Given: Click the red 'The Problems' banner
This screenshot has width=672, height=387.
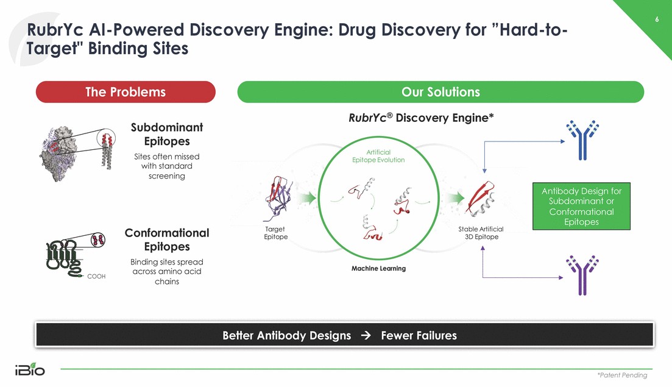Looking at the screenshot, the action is pos(126,91).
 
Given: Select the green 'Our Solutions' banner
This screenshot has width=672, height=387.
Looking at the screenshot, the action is pos(440,91).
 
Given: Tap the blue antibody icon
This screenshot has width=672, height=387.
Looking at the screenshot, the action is pos(582,140).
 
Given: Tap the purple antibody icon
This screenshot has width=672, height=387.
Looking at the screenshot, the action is pos(582,275).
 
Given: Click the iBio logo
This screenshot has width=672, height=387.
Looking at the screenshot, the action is pos(30,369).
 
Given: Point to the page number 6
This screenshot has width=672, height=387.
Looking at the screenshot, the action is pos(657,20).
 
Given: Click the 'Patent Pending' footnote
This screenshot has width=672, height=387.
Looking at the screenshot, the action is pos(623,375).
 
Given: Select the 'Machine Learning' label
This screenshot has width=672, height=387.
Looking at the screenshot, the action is pos(378,268).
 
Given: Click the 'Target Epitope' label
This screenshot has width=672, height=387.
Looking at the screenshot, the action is pos(275,233).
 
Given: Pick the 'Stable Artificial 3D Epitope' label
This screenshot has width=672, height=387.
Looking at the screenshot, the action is pos(481,233).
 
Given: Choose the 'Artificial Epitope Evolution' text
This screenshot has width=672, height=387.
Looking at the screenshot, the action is pos(378,156).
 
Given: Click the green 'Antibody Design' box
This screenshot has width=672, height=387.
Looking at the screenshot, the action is pos(582,206).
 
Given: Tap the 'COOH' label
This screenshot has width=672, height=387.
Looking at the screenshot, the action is pos(96,277).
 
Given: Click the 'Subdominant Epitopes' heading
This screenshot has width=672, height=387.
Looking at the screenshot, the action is pos(167,134).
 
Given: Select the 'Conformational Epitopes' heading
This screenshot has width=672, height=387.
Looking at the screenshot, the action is pos(167,240).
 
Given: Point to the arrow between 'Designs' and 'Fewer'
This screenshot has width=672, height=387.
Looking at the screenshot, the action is pos(366,335).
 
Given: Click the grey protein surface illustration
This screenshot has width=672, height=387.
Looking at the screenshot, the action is pos(59,154).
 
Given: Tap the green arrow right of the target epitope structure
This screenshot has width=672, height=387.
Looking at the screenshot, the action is pos(307,198).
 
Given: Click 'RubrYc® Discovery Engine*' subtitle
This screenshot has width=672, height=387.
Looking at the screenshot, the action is pos(421,118).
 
